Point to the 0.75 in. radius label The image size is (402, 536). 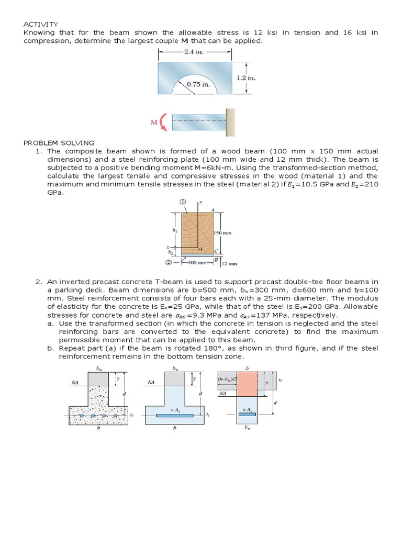point(198,84)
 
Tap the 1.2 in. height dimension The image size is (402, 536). point(245,77)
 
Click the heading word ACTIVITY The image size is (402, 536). point(41,24)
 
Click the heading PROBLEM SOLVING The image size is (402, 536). point(59,142)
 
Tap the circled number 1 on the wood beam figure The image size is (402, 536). point(183,202)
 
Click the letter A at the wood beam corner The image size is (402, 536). point(213,210)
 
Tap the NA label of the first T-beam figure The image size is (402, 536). point(75,383)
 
